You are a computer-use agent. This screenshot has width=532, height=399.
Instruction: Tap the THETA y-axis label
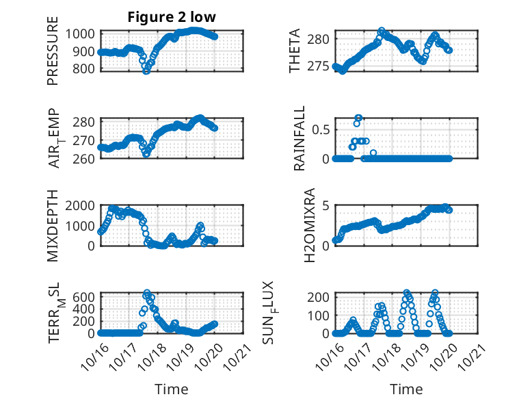tap(295, 51)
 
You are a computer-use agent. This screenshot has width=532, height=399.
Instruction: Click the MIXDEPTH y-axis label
tap(53, 227)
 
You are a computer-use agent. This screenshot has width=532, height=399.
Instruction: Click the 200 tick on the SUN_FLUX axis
tap(320, 296)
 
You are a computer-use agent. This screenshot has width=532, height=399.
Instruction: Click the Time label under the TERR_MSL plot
tap(171, 389)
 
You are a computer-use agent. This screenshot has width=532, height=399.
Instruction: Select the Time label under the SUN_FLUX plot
tap(406, 389)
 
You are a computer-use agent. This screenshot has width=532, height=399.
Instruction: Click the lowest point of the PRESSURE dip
tap(146, 70)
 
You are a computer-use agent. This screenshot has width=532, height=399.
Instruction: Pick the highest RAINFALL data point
tap(358, 118)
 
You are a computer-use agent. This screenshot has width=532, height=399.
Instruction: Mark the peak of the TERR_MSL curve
tap(147, 293)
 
